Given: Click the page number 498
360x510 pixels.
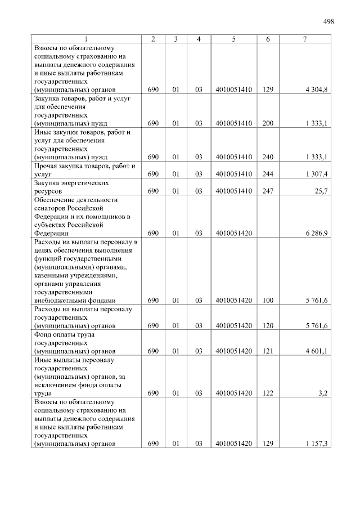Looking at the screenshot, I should tap(328, 21).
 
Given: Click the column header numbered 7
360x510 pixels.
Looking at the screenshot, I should tap(304, 39).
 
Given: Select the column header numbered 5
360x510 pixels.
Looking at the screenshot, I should tap(233, 39).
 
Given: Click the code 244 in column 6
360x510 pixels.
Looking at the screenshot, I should tap(268, 174).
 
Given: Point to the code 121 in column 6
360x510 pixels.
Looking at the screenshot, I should tap(268, 351).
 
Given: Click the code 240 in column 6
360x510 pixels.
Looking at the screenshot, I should tap(268, 157).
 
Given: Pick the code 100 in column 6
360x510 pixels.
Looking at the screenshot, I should tap(268, 300).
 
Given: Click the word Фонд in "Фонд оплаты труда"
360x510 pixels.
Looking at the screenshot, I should tap(43, 334).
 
